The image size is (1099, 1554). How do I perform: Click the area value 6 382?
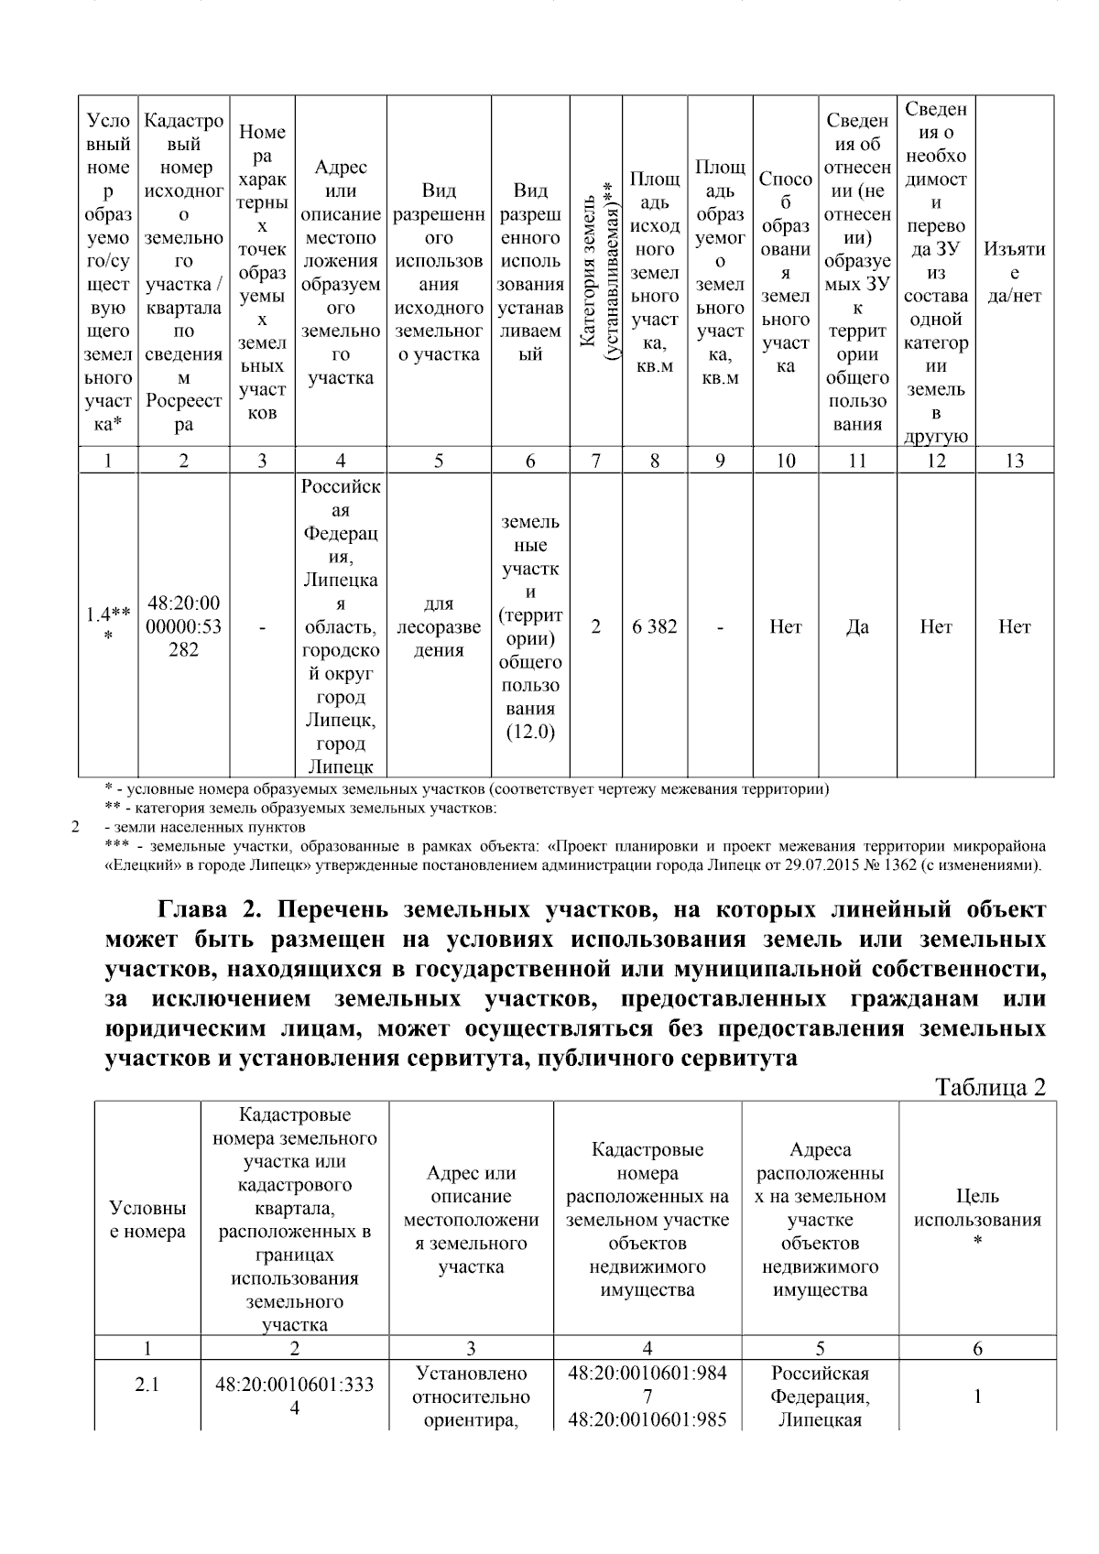[654, 627]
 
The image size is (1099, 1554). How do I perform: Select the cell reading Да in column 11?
[857, 627]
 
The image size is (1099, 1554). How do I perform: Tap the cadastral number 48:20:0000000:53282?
[183, 627]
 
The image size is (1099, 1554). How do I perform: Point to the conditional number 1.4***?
[107, 627]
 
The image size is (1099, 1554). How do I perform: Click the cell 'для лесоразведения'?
[439, 627]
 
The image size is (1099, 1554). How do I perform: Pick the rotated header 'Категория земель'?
[595, 273]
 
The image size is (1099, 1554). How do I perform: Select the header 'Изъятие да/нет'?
[1014, 273]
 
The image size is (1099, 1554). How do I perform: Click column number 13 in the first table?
[1014, 461]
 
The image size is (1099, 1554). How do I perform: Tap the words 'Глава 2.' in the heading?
[210, 909]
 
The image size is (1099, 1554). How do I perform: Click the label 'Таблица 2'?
[989, 1087]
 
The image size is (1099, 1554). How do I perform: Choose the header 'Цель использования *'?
[977, 1219]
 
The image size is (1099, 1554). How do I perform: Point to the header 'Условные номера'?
[147, 1219]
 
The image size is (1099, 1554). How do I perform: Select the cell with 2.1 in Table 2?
[147, 1385]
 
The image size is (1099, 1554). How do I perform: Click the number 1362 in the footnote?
[922, 864]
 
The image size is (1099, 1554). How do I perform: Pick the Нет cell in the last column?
[1014, 627]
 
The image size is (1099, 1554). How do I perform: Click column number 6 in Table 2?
[977, 1348]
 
